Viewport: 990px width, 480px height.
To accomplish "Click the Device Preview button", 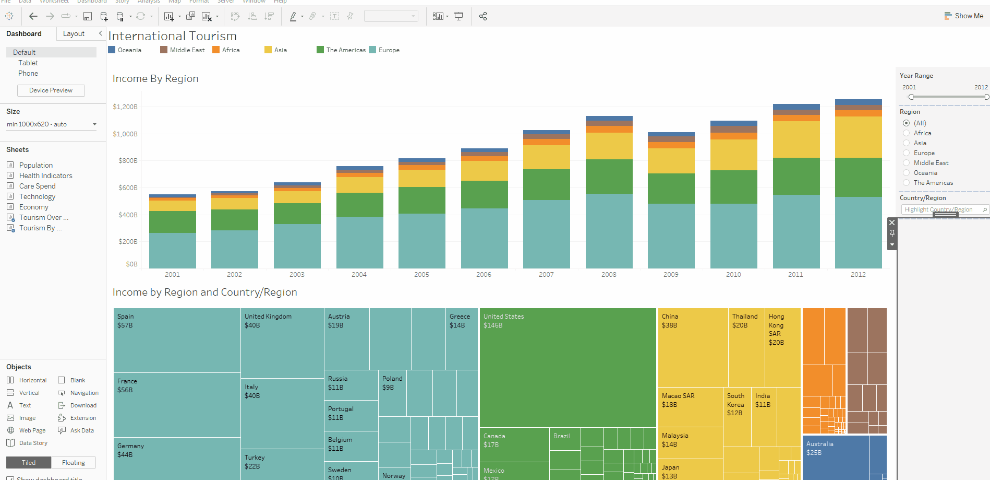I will [x=51, y=90].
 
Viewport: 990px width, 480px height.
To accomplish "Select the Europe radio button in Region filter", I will [x=907, y=153].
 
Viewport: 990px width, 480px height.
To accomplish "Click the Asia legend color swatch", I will [x=268, y=50].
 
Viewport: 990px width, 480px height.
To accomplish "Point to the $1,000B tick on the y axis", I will [x=125, y=134].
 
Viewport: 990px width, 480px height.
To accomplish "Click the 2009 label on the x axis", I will [x=671, y=274].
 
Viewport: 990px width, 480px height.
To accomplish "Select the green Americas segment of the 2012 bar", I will [x=858, y=178].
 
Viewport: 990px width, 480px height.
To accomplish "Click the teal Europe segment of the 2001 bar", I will [x=172, y=251].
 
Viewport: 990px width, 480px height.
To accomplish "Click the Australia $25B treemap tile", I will [x=835, y=457].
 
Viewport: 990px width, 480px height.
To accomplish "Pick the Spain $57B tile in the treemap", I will [x=177, y=340].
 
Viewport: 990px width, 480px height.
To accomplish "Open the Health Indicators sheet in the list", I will [x=45, y=175].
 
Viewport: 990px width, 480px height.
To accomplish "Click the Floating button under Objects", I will [x=74, y=463].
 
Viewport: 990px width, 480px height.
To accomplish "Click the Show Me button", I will [x=964, y=16].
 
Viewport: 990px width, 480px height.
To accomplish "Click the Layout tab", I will [x=74, y=34].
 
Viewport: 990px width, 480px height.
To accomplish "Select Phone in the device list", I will [x=28, y=74].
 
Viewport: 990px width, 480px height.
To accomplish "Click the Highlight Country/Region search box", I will [x=941, y=209].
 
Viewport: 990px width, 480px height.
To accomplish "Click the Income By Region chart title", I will [x=155, y=79].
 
